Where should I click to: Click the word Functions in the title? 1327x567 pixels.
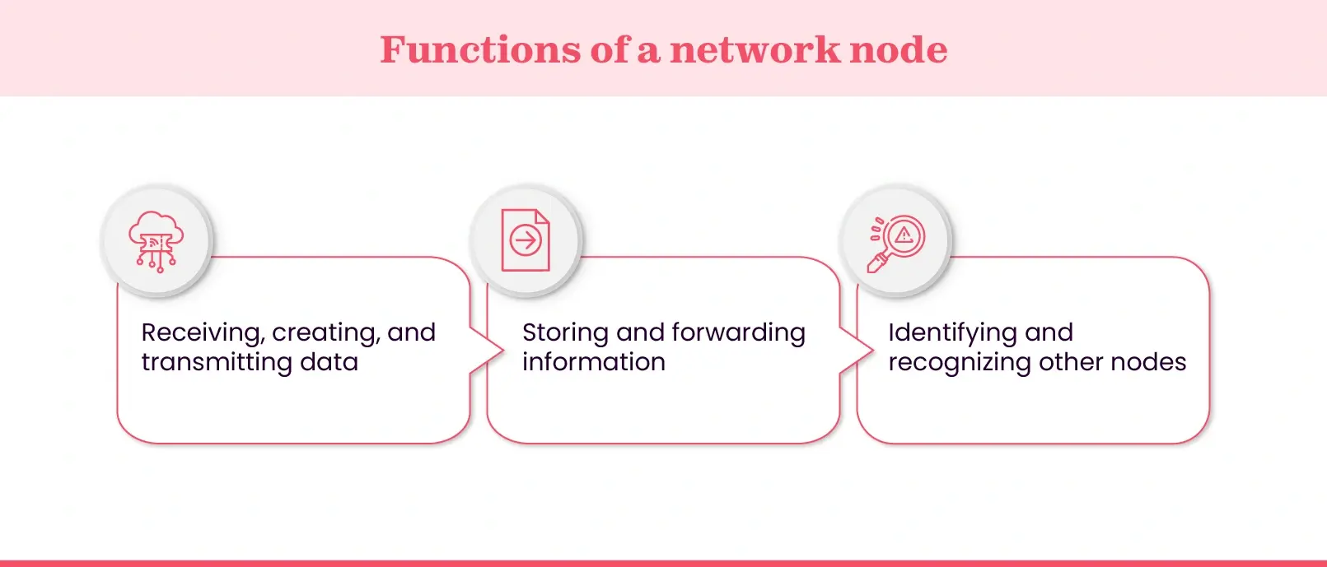pos(480,50)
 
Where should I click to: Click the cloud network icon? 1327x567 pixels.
pos(156,241)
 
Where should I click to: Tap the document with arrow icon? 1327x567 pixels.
pos(526,240)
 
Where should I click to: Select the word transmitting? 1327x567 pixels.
pos(217,362)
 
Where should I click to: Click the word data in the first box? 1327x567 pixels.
pos(329,362)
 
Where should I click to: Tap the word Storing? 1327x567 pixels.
pos(565,332)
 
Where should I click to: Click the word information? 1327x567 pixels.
pos(593,362)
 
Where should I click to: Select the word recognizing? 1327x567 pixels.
pos(959,362)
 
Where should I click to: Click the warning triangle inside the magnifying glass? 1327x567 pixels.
pos(904,235)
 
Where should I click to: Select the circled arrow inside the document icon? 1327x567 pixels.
pos(526,241)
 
